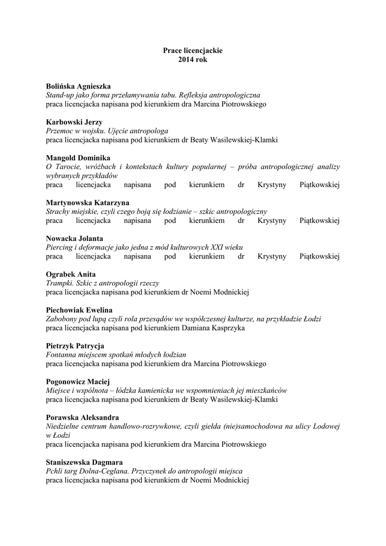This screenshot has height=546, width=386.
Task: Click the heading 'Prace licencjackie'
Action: tap(193, 51)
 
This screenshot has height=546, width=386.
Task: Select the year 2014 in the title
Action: tap(186, 60)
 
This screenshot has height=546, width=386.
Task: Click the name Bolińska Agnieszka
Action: tap(78, 86)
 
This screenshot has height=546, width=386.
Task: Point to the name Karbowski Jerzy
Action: tap(74, 122)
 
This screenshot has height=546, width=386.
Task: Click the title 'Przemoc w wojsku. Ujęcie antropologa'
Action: tap(107, 131)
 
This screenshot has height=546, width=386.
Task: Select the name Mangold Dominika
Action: tap(78, 158)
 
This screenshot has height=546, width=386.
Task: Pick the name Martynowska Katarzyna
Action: tap(87, 203)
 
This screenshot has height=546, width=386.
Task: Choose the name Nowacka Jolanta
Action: tap(75, 238)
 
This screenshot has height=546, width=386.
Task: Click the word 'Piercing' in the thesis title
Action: tap(59, 247)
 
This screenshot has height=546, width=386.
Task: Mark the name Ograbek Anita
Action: tap(71, 274)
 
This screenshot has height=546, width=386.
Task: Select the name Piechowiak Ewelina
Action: tap(79, 310)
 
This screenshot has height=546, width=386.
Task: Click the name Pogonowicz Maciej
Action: tap(77, 381)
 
